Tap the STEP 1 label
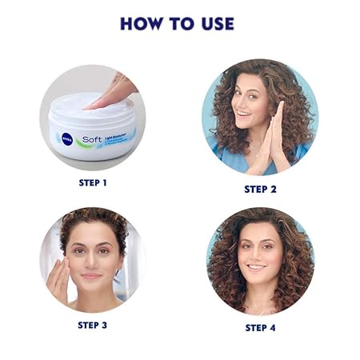pyautogui.click(x=93, y=182)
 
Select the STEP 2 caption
pyautogui.click(x=260, y=189)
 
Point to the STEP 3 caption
pyautogui.click(x=93, y=325)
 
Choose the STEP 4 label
pyautogui.click(x=260, y=328)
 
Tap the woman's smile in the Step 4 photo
pyautogui.click(x=257, y=267)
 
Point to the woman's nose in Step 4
pyautogui.click(x=257, y=254)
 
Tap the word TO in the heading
pyautogui.click(x=182, y=24)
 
